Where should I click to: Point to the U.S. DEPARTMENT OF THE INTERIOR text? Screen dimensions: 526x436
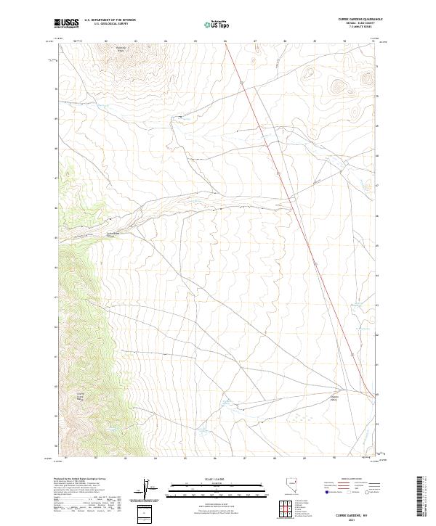[110, 21]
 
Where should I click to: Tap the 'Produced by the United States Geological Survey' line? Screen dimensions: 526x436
[81, 480]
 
